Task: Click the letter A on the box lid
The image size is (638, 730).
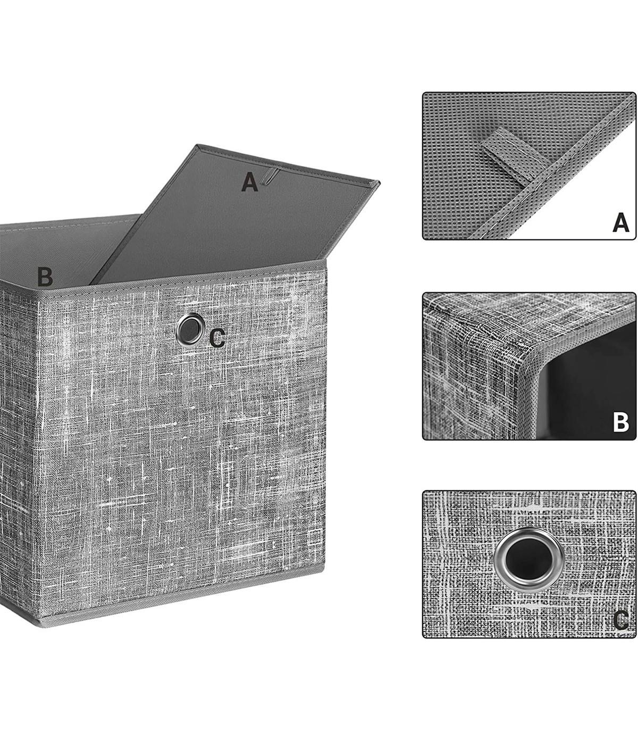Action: [249, 182]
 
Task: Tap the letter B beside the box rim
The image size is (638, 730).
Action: [45, 277]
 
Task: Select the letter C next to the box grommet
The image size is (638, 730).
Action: [217, 338]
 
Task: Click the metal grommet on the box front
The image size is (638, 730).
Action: [190, 329]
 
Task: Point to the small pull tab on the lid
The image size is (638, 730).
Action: [270, 177]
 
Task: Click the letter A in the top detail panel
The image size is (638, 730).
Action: [620, 222]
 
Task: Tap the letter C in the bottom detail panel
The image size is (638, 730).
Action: [620, 620]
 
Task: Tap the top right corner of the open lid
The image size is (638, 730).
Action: [379, 182]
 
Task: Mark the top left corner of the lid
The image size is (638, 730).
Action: [197, 145]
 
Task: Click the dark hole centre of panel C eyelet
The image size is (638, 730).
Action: [529, 559]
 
